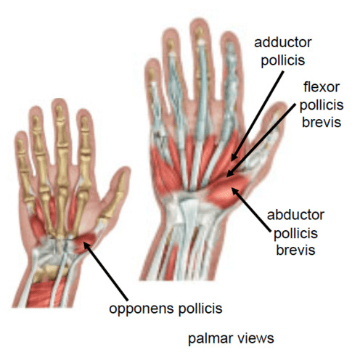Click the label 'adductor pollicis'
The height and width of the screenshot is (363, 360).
point(283,52)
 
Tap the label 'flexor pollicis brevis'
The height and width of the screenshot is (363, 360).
point(322,105)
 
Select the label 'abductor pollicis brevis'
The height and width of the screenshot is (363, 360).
point(295,232)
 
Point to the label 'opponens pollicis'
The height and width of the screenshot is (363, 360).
point(165,309)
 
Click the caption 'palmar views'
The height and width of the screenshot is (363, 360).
point(231,338)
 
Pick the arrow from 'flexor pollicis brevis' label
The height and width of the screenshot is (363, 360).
point(261,140)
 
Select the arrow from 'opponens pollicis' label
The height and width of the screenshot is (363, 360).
point(105,272)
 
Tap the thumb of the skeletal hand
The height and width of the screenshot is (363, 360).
point(114,196)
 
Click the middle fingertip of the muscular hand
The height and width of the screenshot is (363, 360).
point(200,25)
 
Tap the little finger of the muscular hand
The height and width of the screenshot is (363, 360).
point(154,97)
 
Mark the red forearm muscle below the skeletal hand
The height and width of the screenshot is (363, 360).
point(46,293)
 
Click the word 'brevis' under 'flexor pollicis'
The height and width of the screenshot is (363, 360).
point(322,122)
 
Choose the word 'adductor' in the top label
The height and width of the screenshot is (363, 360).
point(283,43)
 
